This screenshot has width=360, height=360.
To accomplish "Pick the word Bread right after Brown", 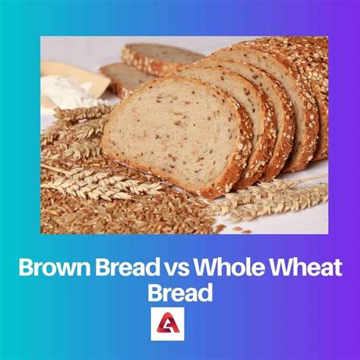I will click(122, 269).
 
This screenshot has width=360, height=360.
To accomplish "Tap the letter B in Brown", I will click(24, 269).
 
